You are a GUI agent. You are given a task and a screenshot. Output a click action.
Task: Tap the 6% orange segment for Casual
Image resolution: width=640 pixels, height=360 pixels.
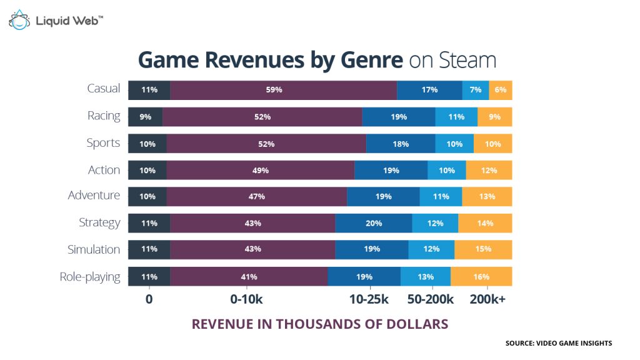pyautogui.click(x=500, y=90)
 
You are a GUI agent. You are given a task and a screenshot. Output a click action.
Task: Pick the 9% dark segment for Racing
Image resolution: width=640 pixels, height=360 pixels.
pyautogui.click(x=145, y=117)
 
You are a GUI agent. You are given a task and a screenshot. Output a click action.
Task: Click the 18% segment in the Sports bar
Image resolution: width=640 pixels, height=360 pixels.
pyautogui.click(x=401, y=144)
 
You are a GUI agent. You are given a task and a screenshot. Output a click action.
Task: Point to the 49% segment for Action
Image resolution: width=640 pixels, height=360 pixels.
pyautogui.click(x=261, y=171)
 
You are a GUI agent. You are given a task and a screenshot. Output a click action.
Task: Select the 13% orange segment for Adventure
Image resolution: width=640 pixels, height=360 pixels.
pyautogui.click(x=487, y=196)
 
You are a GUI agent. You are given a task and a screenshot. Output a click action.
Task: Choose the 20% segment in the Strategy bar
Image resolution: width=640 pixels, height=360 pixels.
pyautogui.click(x=374, y=223)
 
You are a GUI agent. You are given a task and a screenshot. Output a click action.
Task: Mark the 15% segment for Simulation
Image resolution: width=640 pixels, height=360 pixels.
pyautogui.click(x=483, y=249)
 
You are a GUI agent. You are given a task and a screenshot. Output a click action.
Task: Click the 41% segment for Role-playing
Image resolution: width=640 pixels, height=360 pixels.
pyautogui.click(x=249, y=276)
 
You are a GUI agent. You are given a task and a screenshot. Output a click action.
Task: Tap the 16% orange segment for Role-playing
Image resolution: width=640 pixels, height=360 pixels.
pyautogui.click(x=481, y=276)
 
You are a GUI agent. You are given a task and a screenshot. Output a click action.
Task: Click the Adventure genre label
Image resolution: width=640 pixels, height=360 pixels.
pyautogui.click(x=94, y=196)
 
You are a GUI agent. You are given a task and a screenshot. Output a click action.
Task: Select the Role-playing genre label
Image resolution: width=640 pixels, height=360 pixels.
pyautogui.click(x=90, y=277)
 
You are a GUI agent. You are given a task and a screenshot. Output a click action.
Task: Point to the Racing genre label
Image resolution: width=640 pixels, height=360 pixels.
pyautogui.click(x=104, y=116)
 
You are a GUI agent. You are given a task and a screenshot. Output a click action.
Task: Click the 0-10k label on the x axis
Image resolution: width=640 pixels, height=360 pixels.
pyautogui.click(x=246, y=299)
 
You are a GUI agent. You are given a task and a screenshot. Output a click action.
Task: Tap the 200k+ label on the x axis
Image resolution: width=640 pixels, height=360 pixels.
pyautogui.click(x=487, y=299)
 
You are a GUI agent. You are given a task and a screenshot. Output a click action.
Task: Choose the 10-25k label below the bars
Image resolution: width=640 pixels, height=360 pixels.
pyautogui.click(x=369, y=299)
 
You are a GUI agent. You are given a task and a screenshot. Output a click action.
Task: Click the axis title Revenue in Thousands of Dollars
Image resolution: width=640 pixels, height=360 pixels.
pyautogui.click(x=319, y=324)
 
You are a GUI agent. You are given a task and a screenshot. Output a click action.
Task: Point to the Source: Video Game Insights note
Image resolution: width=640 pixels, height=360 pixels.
pyautogui.click(x=559, y=343)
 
